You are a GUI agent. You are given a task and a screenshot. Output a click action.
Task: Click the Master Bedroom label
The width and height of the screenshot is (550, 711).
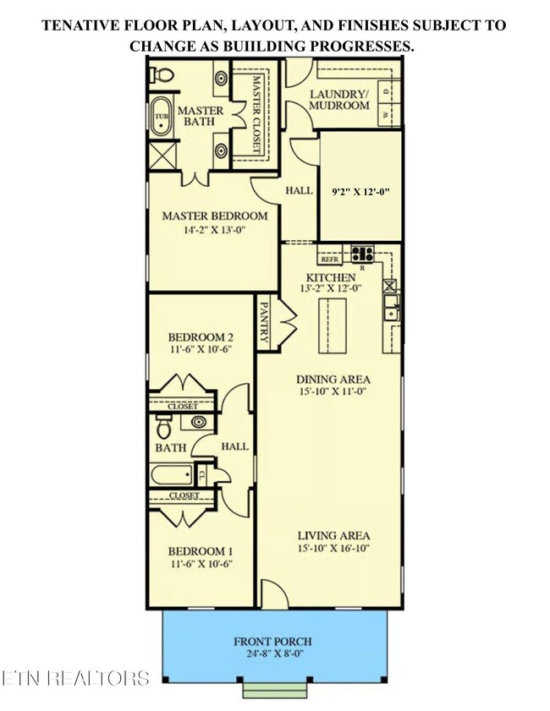[214, 216]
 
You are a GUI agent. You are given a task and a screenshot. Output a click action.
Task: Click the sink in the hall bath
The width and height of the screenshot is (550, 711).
[198, 421]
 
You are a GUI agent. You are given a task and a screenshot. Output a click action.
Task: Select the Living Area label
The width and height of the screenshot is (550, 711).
[333, 535]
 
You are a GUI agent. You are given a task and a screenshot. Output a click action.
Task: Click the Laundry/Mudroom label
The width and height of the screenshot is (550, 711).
[338, 100]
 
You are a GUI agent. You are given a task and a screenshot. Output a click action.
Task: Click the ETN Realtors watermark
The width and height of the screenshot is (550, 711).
[75, 678]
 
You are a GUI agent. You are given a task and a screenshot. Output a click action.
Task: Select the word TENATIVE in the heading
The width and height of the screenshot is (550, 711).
[83, 25]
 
